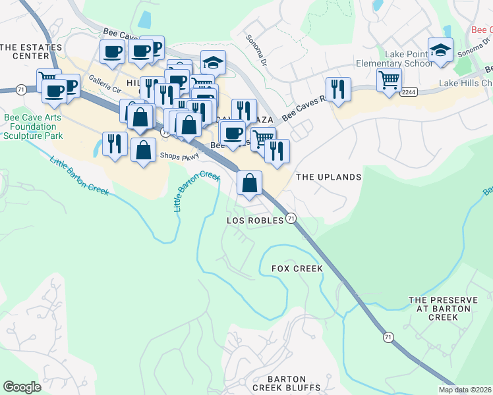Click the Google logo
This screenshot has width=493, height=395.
pyautogui.click(x=22, y=387)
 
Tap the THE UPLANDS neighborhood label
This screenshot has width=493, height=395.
pyautogui.click(x=329, y=177)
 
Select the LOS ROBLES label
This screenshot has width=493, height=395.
pyautogui.click(x=255, y=220)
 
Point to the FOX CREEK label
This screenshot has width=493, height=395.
pyautogui.click(x=297, y=269)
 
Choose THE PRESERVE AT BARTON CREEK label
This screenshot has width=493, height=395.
pyautogui.click(x=442, y=308)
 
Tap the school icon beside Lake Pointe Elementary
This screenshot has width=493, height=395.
pyautogui.click(x=440, y=51)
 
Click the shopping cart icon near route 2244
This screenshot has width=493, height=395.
pyautogui.click(x=390, y=80)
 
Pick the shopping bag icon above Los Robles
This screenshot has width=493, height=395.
pyautogui.click(x=250, y=184)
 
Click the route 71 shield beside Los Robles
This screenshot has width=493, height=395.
pyautogui.click(x=291, y=219)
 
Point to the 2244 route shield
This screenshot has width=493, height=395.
pyautogui.click(x=408, y=93)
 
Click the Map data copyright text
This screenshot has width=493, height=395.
pyautogui.click(x=465, y=390)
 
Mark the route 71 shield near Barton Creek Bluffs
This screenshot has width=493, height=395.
pyautogui.click(x=388, y=337)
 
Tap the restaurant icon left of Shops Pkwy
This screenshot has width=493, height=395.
pyautogui.click(x=115, y=144)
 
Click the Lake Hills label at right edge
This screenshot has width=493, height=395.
pyautogui.click(x=466, y=84)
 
